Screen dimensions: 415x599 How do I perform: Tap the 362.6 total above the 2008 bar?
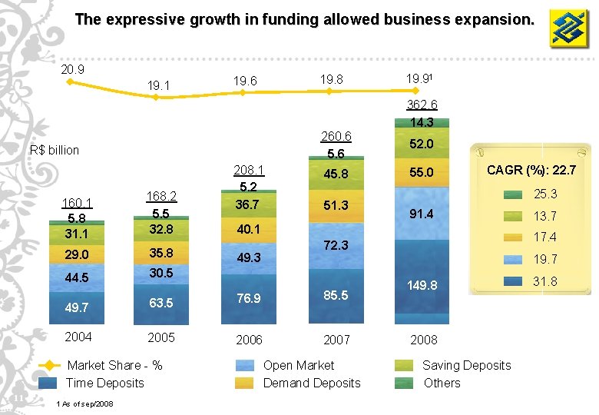tap(422, 105)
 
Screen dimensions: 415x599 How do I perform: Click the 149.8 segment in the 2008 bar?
tap(422, 285)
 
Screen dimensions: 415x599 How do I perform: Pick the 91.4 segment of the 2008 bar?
tap(422, 214)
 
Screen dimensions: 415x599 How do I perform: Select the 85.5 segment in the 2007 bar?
tap(335, 294)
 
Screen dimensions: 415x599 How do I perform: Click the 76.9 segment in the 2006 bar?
tap(248, 298)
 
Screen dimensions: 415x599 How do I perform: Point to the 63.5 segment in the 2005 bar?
tap(161, 303)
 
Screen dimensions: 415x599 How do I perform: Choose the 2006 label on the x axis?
tap(249, 340)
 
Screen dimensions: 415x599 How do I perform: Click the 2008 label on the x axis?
tap(424, 340)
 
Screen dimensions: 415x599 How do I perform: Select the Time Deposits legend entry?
tap(104, 383)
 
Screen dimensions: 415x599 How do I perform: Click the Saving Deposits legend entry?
tap(466, 365)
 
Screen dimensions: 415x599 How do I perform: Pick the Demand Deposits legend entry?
tap(312, 383)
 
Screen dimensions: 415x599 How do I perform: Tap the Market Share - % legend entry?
tap(114, 365)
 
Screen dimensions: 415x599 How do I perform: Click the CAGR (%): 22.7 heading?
tap(531, 169)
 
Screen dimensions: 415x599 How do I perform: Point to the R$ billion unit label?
tap(54, 150)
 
